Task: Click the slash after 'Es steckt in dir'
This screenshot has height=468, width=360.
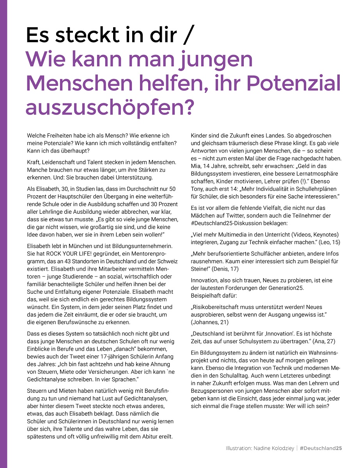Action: click(x=188, y=35)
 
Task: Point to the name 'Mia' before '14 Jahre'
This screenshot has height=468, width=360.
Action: click(x=195, y=166)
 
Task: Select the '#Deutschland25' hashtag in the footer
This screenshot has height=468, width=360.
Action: click(x=321, y=448)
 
